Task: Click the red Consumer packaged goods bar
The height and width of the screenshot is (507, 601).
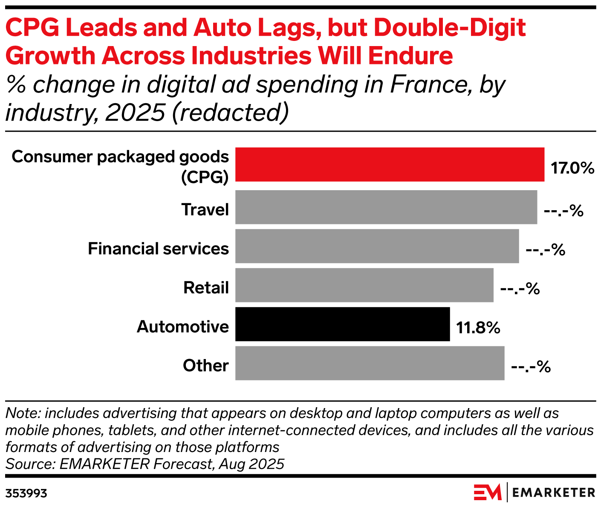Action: coord(390,165)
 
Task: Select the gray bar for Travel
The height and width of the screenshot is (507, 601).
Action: coord(386,207)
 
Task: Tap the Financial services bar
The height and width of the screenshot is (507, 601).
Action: coord(377,246)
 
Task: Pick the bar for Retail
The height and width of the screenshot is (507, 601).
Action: coord(364,285)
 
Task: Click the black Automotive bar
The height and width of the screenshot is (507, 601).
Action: coord(342,324)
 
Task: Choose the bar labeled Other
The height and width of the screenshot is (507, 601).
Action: coord(370,363)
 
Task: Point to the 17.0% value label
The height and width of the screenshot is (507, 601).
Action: coord(572,168)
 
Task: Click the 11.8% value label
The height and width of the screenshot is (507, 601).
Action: coord(478,328)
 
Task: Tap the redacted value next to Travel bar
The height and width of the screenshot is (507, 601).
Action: coord(563,211)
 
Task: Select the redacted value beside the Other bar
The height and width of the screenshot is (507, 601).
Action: coord(531,367)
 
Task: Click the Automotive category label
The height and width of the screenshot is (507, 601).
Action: coord(183,327)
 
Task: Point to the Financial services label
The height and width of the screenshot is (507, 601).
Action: coord(158,249)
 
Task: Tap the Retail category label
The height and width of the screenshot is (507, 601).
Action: coord(206,288)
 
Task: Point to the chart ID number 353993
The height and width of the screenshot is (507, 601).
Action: coord(26,494)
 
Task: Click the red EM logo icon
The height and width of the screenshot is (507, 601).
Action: coord(488,493)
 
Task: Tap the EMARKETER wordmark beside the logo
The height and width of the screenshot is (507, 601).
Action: coord(553,493)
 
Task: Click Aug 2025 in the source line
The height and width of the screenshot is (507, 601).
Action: coord(251,464)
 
